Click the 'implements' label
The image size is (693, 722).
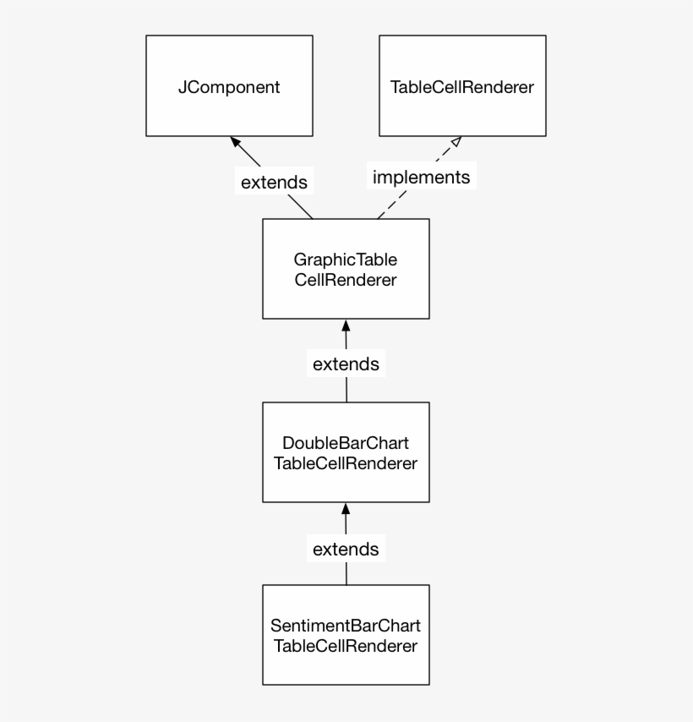(421, 178)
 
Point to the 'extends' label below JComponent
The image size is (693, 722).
(274, 182)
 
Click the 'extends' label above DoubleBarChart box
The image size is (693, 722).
(346, 364)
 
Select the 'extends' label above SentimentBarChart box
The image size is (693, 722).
(346, 550)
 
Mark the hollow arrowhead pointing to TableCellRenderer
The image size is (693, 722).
(455, 142)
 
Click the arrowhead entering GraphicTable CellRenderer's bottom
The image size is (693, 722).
(346, 325)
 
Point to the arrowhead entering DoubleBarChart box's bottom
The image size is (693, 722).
(346, 508)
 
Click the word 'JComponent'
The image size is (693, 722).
(229, 87)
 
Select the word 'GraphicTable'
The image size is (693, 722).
(346, 260)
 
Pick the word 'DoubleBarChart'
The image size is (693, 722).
(346, 443)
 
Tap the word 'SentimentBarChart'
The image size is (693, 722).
(346, 626)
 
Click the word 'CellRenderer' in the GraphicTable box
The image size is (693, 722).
(346, 280)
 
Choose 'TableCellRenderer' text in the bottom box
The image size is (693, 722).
(346, 647)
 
